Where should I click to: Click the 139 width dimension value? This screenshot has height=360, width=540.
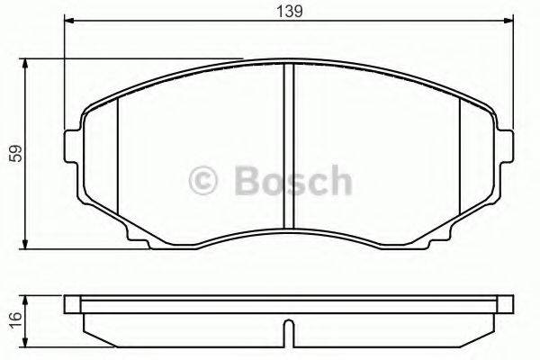(288, 11)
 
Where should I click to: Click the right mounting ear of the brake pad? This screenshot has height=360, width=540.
(507, 149)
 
